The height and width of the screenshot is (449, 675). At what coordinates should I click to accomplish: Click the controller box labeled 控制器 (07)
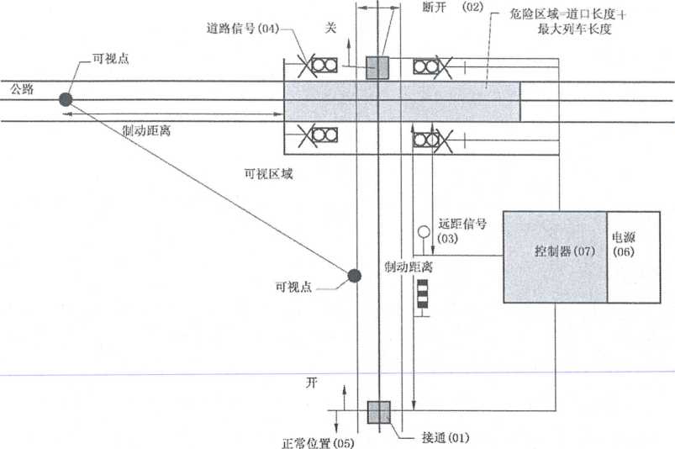[x=555, y=256]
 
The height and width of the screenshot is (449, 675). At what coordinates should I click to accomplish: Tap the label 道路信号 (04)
[x=242, y=29]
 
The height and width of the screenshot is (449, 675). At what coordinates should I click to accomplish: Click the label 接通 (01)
[x=445, y=437]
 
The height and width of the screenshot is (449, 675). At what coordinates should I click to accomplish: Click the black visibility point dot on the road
[x=66, y=99]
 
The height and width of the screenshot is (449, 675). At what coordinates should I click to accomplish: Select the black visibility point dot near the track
[x=355, y=275]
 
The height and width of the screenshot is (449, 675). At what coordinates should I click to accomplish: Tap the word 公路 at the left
[x=23, y=87]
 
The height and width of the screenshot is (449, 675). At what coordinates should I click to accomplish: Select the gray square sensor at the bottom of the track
[x=379, y=412]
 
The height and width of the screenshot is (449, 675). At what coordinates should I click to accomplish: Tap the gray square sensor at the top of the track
[x=378, y=67]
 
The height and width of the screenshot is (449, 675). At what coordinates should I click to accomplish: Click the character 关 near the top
[x=330, y=28]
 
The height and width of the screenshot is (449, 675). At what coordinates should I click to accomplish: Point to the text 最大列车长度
[x=574, y=29]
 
